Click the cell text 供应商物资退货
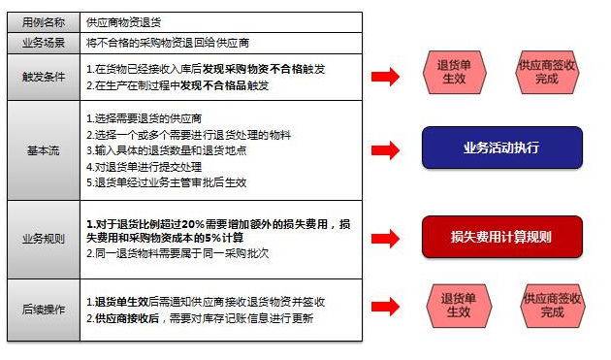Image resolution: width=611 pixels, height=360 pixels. [x=125, y=21]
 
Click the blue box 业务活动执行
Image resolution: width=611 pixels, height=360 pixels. [x=501, y=148]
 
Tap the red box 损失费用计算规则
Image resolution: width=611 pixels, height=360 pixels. [x=501, y=237]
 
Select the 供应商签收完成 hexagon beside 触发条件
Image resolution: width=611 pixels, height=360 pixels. [x=548, y=73]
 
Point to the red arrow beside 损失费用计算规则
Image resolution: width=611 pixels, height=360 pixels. [x=387, y=238]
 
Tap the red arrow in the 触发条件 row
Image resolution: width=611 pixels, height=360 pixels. [x=387, y=76]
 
